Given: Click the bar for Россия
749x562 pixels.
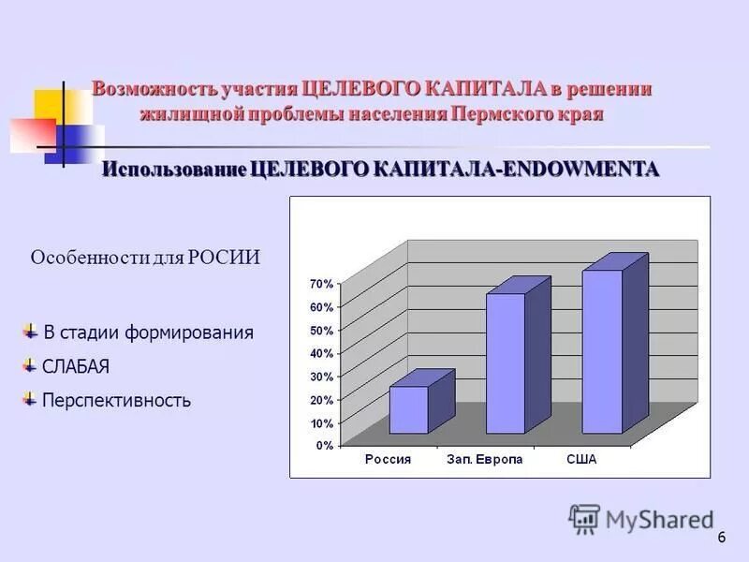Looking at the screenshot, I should [x=409, y=409].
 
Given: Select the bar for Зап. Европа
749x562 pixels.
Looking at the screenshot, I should [x=505, y=363].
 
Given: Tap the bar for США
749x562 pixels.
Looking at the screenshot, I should [x=602, y=351].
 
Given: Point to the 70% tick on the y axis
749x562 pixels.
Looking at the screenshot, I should [x=322, y=284].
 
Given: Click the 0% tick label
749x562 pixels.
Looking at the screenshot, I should [x=324, y=446].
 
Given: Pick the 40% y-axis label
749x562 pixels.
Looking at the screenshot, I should [x=322, y=353].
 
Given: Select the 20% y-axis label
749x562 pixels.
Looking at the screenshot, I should [x=322, y=400].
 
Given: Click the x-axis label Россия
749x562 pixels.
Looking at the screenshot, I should [x=388, y=460].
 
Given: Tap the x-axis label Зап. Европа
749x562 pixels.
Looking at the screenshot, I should [x=484, y=460].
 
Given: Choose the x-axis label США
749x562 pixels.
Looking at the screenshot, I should [x=581, y=460].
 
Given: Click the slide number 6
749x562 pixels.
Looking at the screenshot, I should [x=722, y=538].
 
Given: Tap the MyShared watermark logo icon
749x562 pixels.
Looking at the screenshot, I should [x=584, y=519].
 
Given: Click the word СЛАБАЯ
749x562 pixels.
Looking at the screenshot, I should [x=76, y=366].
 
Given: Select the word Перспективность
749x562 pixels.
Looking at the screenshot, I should [x=116, y=401].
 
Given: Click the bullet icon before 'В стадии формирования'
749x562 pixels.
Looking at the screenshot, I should [x=31, y=331].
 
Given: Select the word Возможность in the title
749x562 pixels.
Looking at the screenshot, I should [x=154, y=90].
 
